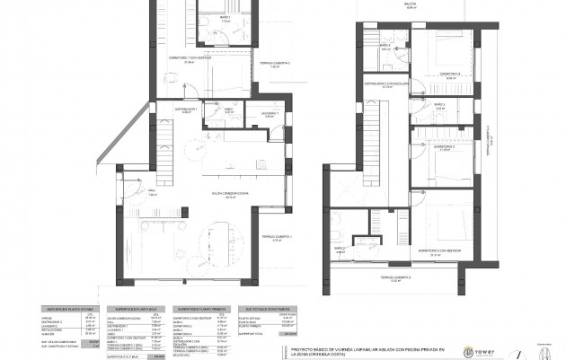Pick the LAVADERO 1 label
click(270, 113)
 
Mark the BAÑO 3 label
click(439, 105)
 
